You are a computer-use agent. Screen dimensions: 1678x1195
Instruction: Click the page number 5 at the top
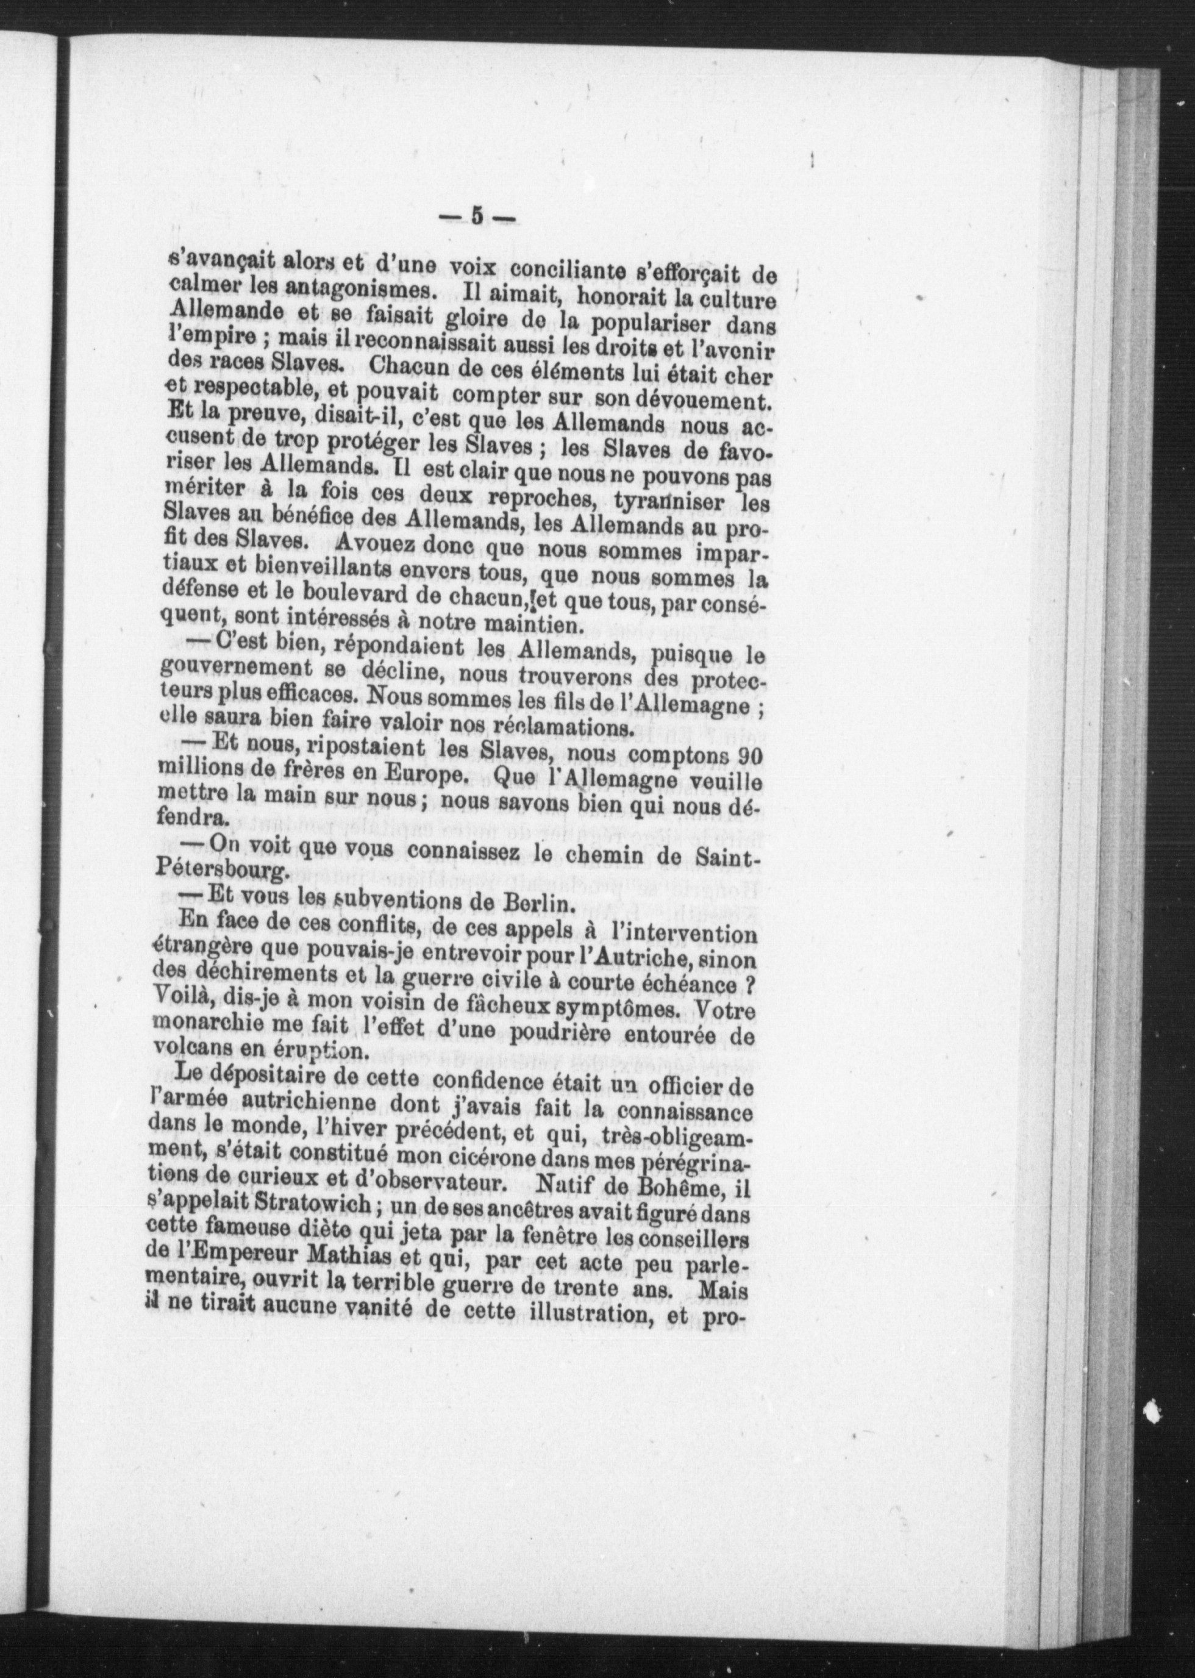point(476,217)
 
